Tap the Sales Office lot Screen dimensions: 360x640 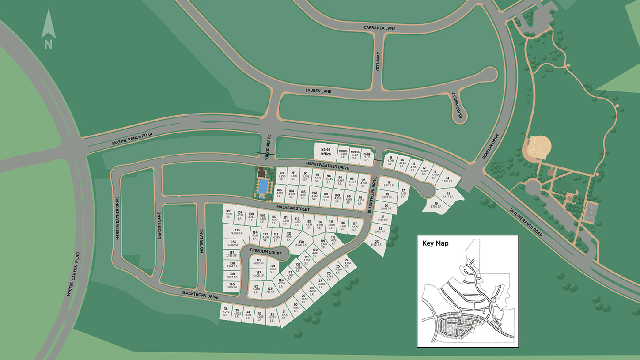pyautogui.click(x=326, y=152)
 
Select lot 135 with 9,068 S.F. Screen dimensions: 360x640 pyautogui.click(x=237, y=231)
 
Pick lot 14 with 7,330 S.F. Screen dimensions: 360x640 pyautogui.click(x=447, y=180)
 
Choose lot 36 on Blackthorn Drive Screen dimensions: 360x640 pyautogui.click(x=226, y=312)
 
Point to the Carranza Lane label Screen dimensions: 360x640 pyautogui.click(x=379, y=28)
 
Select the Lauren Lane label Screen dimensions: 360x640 pyautogui.click(x=318, y=91)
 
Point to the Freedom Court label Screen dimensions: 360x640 pyautogui.click(x=262, y=250)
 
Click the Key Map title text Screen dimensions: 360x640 pyautogui.click(x=435, y=243)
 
